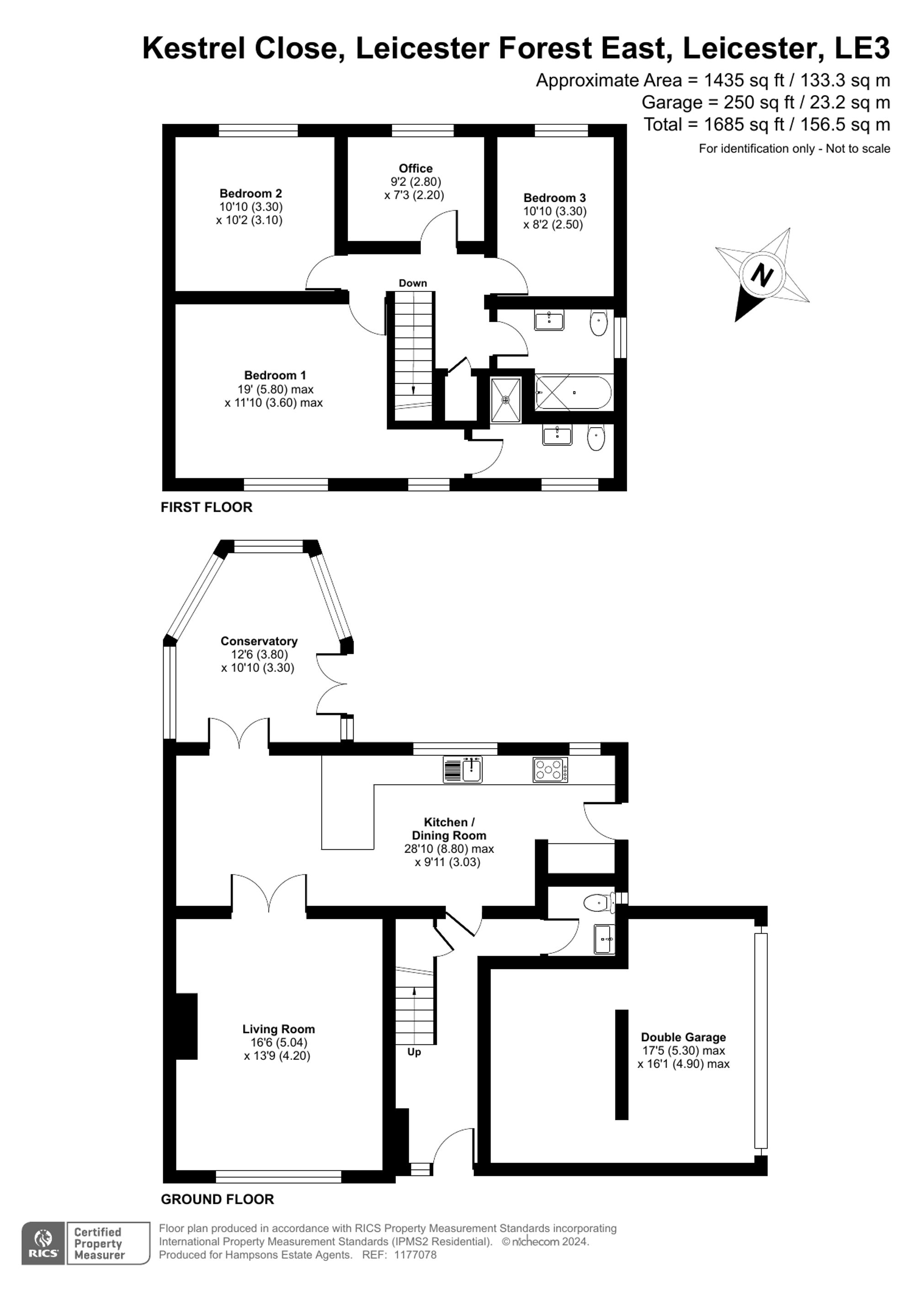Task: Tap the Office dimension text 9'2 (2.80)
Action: [415, 182]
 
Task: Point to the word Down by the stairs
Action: [413, 283]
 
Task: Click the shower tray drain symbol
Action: [505, 400]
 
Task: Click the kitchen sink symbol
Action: [472, 769]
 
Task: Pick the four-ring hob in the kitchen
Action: [550, 770]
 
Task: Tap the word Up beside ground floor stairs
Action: [414, 1052]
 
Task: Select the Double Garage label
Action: [683, 1037]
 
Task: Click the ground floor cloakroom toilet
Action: [598, 903]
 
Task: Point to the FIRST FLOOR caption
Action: [206, 507]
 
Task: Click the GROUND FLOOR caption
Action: [217, 1199]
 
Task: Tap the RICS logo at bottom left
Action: [43, 1244]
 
